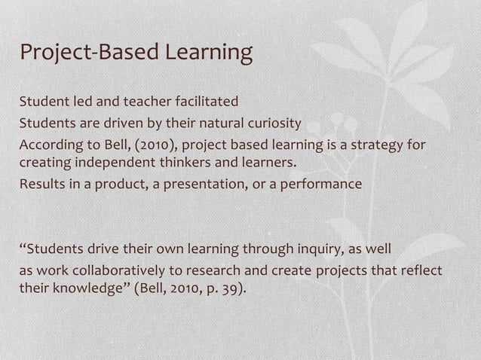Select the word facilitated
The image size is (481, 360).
coord(206,102)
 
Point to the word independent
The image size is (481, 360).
coord(115,164)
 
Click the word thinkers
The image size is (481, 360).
coord(193,164)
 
